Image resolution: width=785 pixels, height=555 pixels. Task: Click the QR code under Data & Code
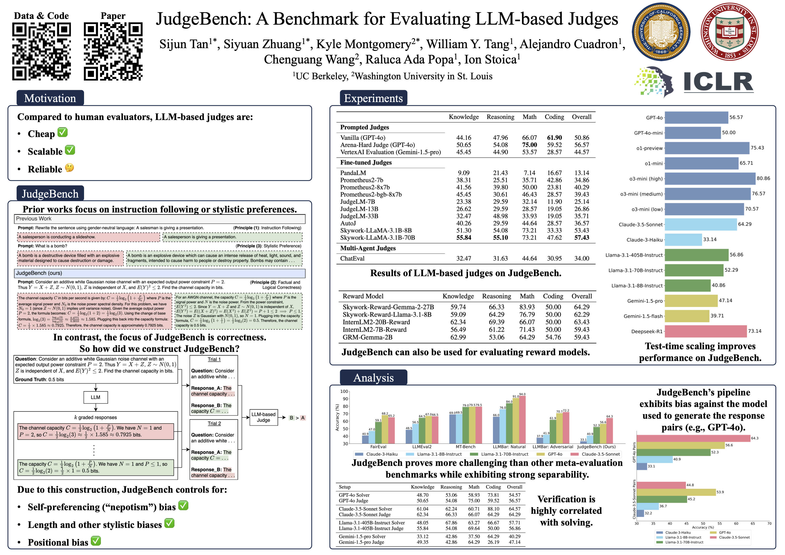pyautogui.click(x=41, y=51)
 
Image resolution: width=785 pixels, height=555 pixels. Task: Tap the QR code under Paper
pyautogui.click(x=113, y=51)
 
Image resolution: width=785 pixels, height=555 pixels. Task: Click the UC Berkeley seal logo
pyautogui.click(x=661, y=32)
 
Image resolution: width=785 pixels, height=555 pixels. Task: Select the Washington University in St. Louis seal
pyautogui.click(x=730, y=32)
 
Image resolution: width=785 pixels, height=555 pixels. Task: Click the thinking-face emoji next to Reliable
pyautogui.click(x=69, y=168)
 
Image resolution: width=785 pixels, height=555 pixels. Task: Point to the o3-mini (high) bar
pyautogui.click(x=710, y=178)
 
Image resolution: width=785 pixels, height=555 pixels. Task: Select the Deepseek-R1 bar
pyautogui.click(x=705, y=331)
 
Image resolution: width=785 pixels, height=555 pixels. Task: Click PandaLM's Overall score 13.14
pyautogui.click(x=582, y=173)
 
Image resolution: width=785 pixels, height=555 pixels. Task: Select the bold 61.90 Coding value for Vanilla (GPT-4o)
pyautogui.click(x=554, y=138)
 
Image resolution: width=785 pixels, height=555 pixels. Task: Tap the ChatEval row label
pyautogui.click(x=352, y=258)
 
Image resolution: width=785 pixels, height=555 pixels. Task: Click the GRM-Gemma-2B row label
pyautogui.click(x=368, y=337)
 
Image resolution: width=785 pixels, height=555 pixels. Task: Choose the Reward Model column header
pyautogui.click(x=363, y=296)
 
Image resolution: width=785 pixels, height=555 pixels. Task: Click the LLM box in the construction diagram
pyautogui.click(x=95, y=397)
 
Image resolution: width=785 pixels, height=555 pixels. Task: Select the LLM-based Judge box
pyautogui.click(x=263, y=417)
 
